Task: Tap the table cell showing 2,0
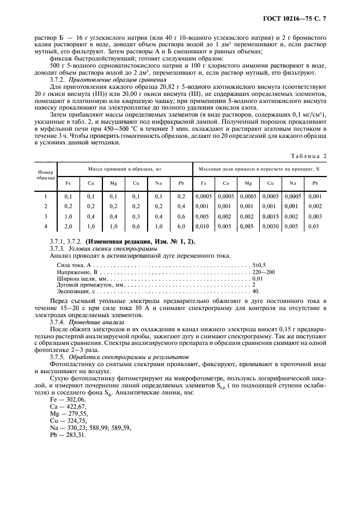click(x=68, y=226)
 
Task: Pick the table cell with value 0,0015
click(x=270, y=216)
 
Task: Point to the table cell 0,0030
click(x=270, y=226)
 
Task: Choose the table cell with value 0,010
click(x=204, y=226)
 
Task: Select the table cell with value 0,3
click(x=136, y=216)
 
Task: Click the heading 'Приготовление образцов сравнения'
click(x=100, y=80)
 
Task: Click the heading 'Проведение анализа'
click(x=83, y=322)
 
